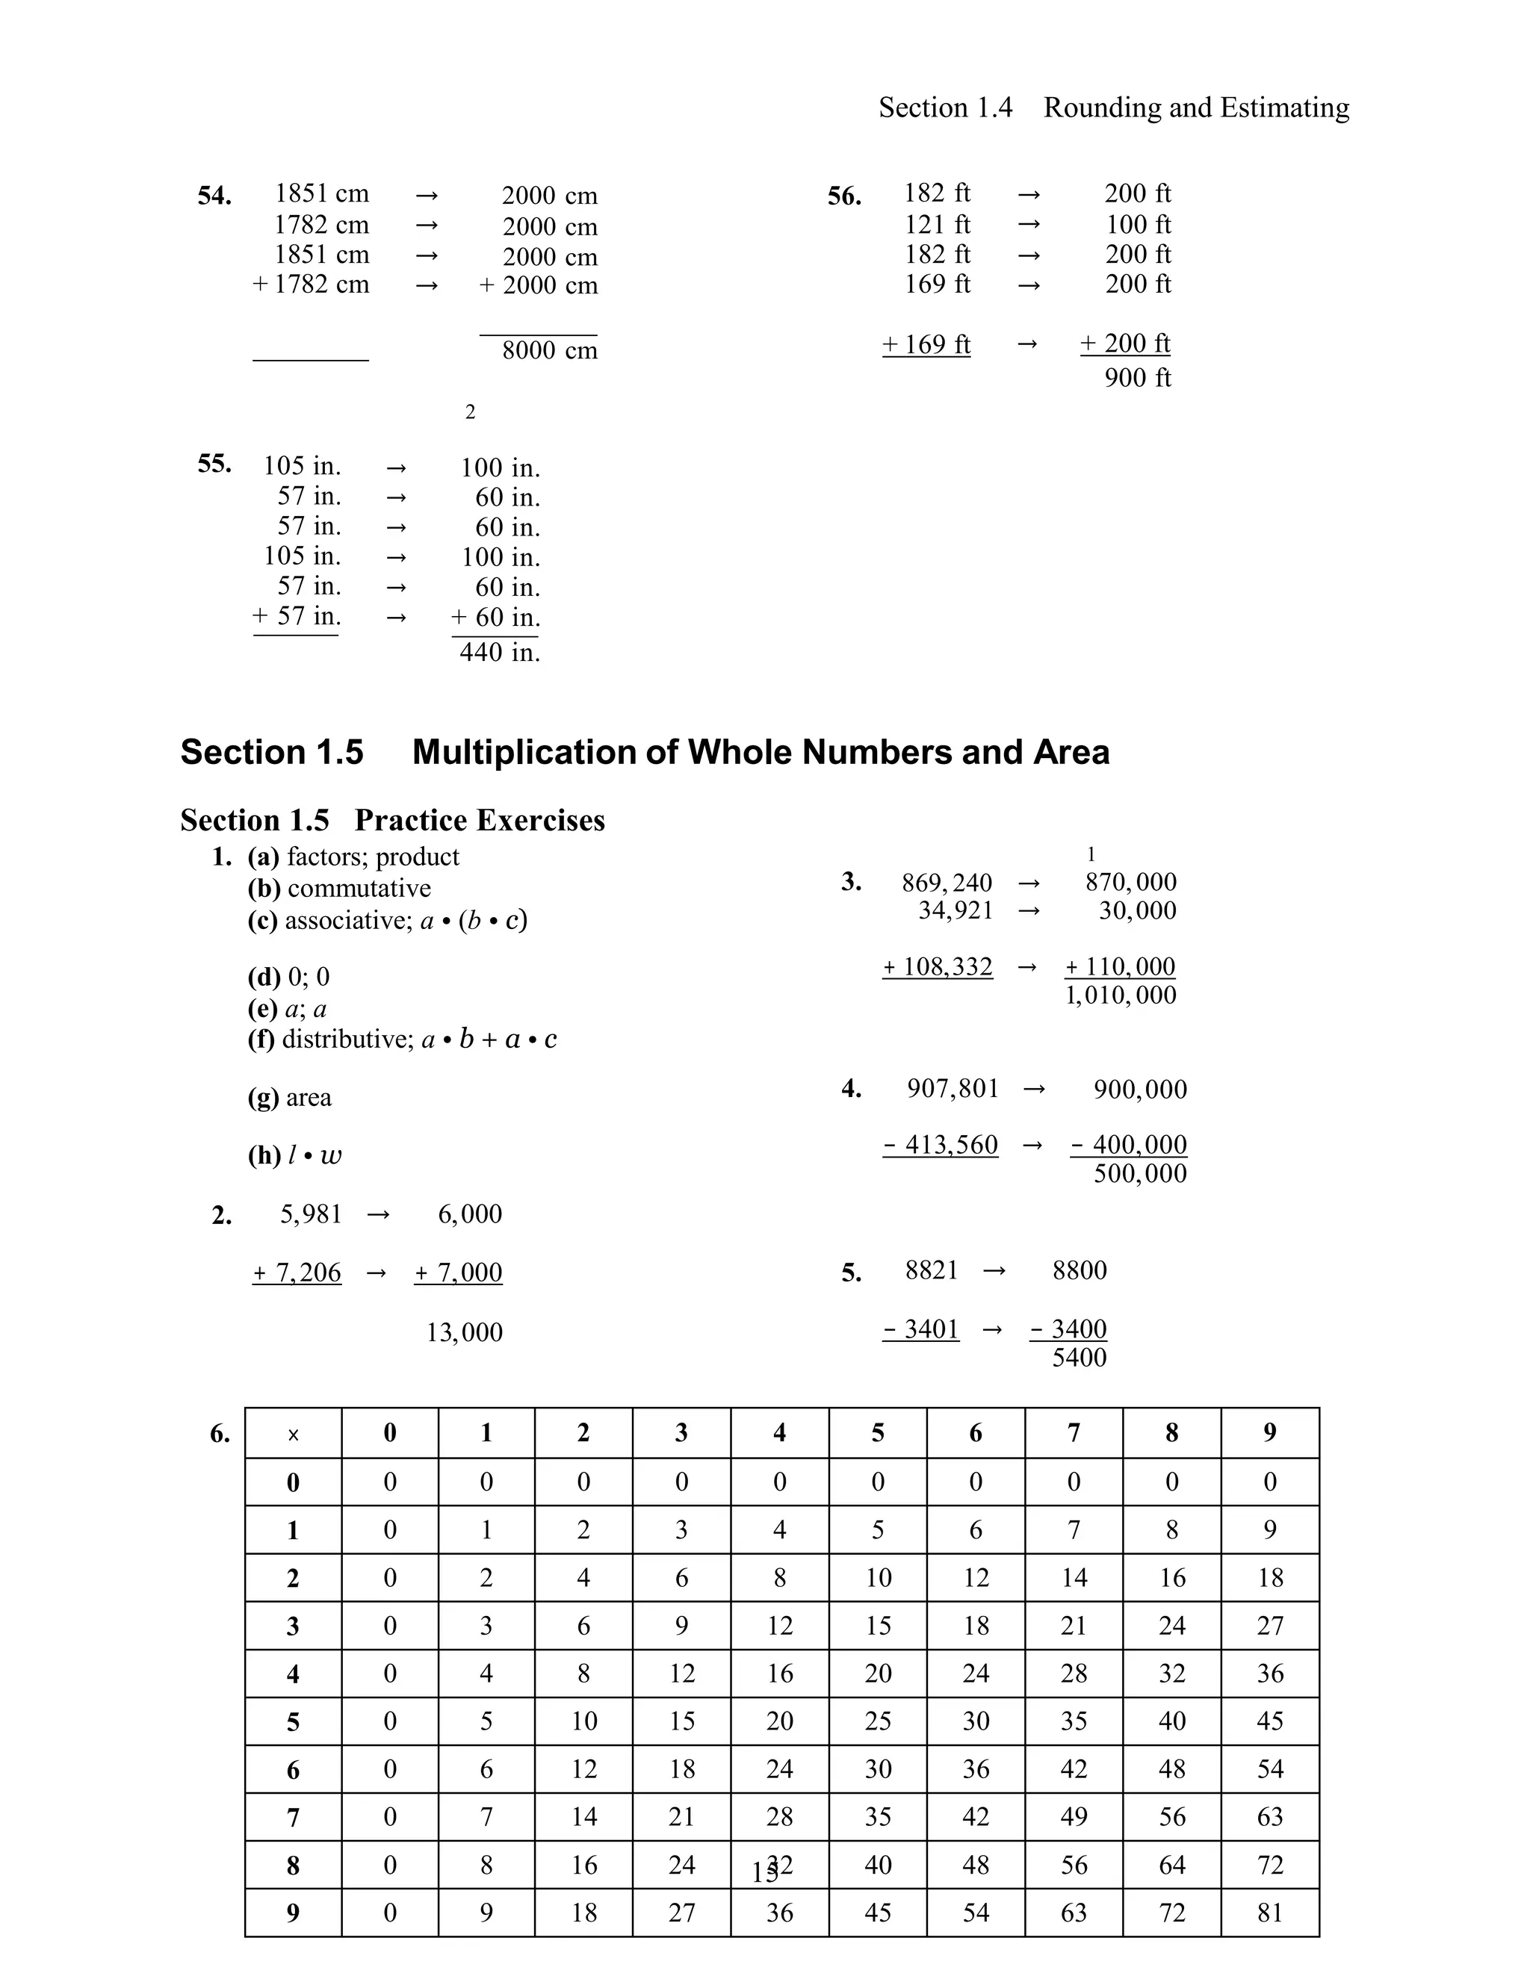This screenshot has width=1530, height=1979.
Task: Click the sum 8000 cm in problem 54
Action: (549, 351)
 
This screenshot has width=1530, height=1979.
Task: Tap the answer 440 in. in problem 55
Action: (500, 653)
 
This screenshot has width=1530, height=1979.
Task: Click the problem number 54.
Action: (215, 196)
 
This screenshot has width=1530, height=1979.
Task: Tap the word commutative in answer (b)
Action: (359, 888)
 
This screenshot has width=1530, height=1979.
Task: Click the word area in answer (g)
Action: (309, 1097)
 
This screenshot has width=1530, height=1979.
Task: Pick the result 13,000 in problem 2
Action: (464, 1332)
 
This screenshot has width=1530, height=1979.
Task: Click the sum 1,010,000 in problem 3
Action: (1121, 995)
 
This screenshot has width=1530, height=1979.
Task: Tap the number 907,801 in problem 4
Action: (952, 1088)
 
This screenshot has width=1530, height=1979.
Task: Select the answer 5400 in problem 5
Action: (1079, 1358)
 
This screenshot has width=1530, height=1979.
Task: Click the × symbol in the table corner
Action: (293, 1435)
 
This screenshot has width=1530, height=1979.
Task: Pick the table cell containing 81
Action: (1269, 1913)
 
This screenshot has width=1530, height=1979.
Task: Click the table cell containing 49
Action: (1074, 1817)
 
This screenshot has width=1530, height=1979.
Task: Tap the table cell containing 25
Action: (877, 1721)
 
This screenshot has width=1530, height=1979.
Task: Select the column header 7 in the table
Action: (1074, 1432)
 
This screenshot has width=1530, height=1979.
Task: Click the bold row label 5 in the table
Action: (293, 1721)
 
